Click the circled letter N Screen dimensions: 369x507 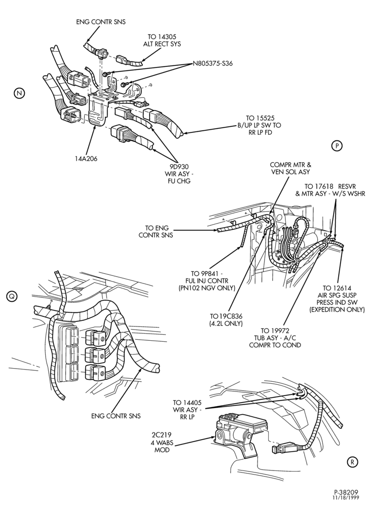click(19, 93)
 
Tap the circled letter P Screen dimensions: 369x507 click(337, 146)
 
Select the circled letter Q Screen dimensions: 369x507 click(12, 296)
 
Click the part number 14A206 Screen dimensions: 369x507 click(86, 159)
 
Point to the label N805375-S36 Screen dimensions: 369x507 click(212, 63)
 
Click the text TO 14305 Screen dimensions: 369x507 click(162, 37)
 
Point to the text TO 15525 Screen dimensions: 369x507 click(260, 118)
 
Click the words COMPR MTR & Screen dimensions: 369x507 click(290, 165)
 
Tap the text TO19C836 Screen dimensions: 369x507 click(226, 316)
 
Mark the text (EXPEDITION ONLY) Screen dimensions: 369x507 click(337, 309)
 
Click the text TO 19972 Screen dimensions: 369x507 click(275, 331)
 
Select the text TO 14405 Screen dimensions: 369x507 click(187, 403)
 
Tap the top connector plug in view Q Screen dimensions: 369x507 click(95, 337)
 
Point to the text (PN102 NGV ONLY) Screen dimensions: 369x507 click(206, 288)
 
